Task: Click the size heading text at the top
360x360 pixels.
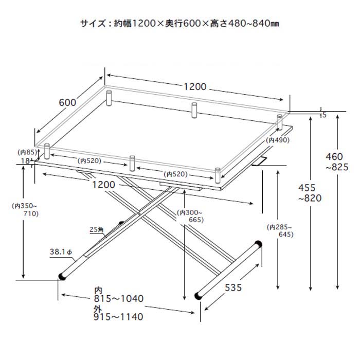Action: [179, 24]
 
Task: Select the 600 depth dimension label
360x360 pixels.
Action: [67, 102]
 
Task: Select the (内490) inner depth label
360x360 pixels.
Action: [278, 140]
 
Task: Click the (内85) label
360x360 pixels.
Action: [28, 152]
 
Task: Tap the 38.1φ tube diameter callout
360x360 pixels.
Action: [62, 253]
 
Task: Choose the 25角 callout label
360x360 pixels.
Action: [97, 229]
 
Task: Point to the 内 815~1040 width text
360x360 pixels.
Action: [118, 294]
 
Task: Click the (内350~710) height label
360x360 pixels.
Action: [24, 209]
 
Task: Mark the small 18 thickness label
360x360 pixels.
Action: [25, 161]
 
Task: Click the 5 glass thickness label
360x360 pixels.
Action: [325, 115]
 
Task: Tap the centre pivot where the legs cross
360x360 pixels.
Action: [140, 213]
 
